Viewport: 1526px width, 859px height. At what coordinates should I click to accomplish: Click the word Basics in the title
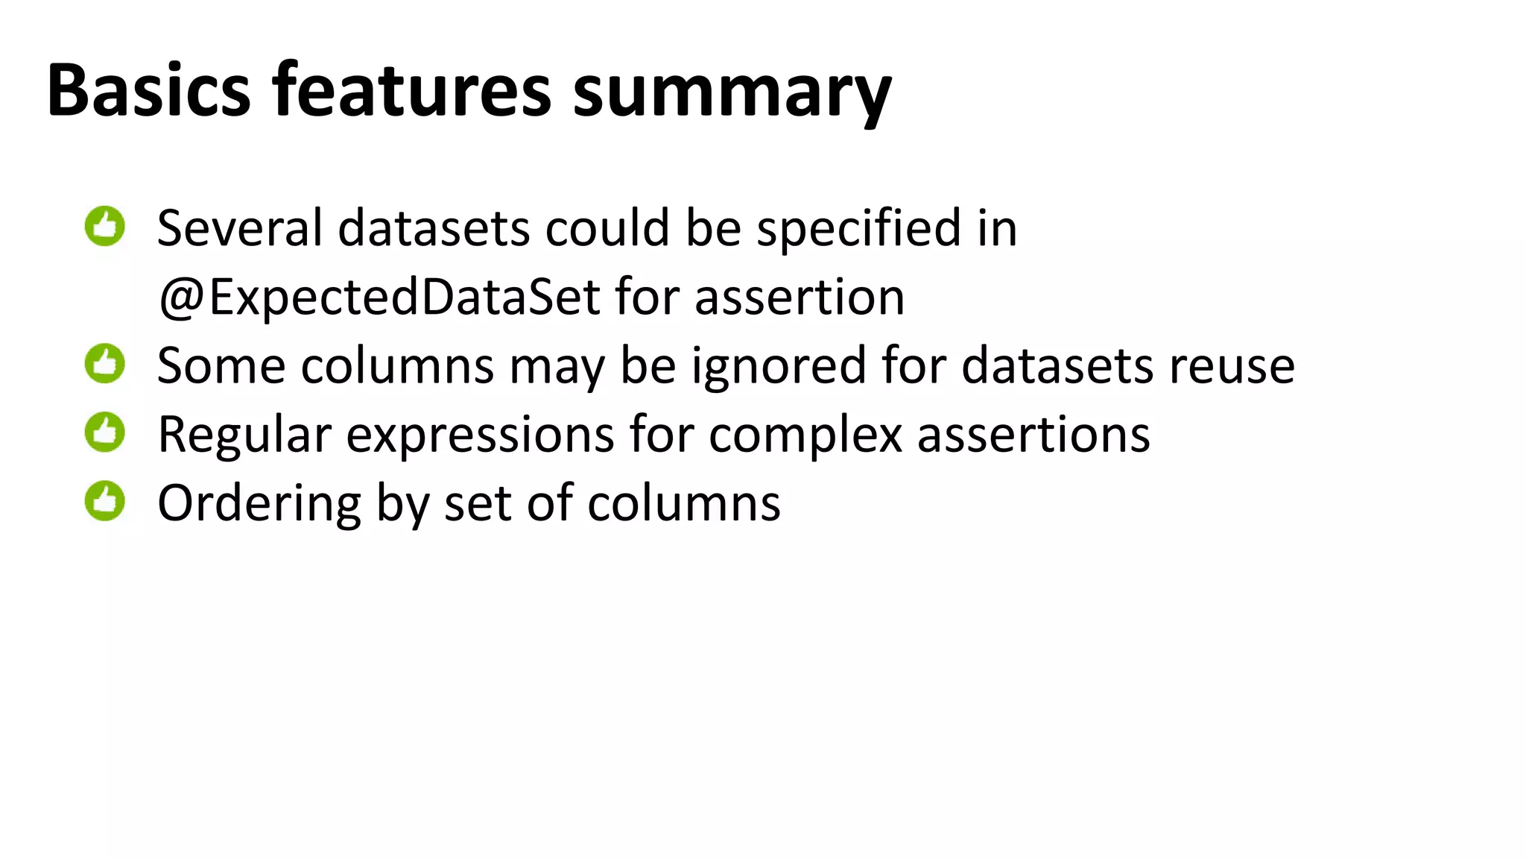(148, 90)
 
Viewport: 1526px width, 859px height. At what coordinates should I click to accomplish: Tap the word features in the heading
(411, 90)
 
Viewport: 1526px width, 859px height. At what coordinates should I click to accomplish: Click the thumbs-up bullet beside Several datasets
(105, 226)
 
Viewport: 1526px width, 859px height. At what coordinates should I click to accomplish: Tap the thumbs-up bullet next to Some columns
(105, 364)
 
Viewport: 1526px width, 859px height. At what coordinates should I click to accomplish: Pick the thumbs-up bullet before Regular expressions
(105, 432)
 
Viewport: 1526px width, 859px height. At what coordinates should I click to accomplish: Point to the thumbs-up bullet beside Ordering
(105, 501)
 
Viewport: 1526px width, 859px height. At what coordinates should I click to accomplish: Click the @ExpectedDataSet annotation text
(379, 297)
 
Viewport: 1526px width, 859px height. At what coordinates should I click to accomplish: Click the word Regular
(244, 435)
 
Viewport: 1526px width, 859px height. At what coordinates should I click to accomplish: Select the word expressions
(480, 436)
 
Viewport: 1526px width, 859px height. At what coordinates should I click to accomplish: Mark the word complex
(805, 436)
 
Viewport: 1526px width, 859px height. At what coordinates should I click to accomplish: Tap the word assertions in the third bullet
(1033, 435)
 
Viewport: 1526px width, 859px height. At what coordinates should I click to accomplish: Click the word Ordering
(259, 505)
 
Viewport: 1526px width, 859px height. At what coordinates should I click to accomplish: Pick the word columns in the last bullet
(683, 503)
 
